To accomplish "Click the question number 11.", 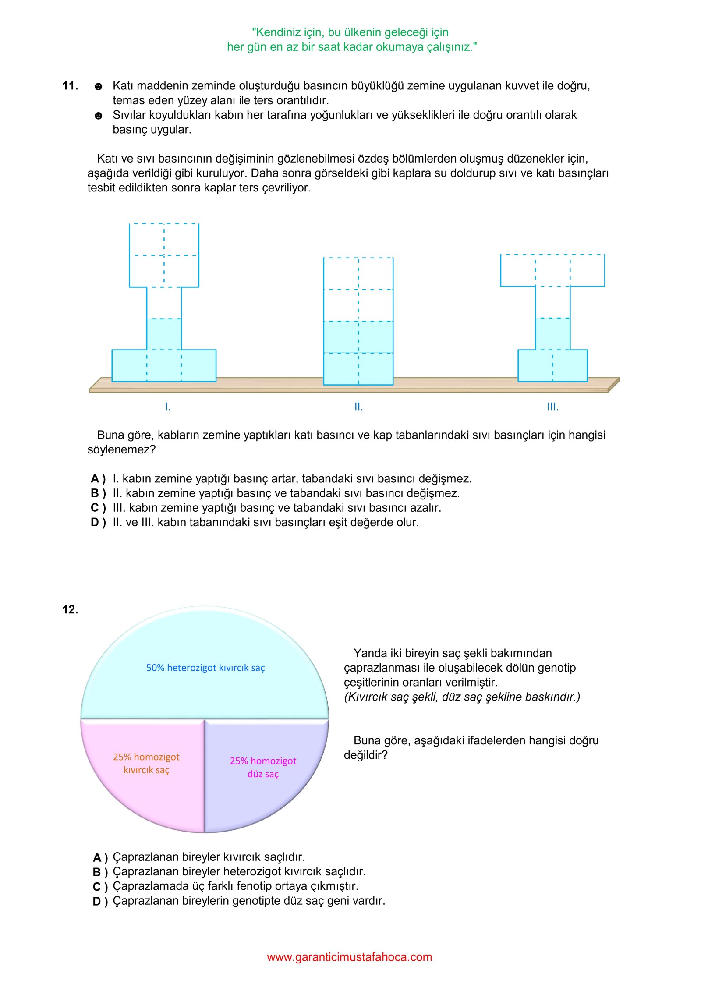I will tap(70, 85).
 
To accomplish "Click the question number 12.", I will tap(70, 609).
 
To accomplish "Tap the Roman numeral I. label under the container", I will tap(168, 407).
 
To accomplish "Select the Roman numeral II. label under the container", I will tap(358, 407).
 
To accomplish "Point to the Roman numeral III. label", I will tap(552, 407).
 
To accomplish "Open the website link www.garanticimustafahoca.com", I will tap(349, 957).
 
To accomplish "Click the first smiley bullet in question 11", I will tap(99, 86).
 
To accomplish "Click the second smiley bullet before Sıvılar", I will tap(99, 116).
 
